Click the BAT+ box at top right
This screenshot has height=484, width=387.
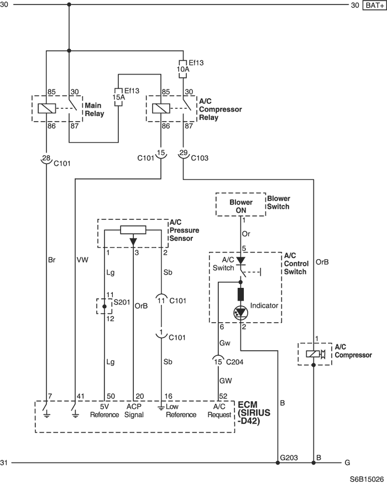(x=374, y=5)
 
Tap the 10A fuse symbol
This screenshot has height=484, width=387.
(x=183, y=69)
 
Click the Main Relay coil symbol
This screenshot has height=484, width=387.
(x=47, y=108)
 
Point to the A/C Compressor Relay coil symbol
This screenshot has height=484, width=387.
(x=161, y=108)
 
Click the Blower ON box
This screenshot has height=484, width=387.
(x=240, y=204)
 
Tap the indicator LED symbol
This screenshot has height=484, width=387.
(x=240, y=312)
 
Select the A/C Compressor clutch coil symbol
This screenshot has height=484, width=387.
(x=313, y=354)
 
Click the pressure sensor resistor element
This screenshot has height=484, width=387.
(x=133, y=230)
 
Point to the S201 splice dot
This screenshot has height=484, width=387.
(x=104, y=307)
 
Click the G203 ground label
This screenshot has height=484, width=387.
(x=289, y=457)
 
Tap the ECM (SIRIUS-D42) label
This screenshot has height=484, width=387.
(x=254, y=413)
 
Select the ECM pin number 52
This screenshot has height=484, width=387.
(x=223, y=396)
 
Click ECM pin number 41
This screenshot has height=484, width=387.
(x=80, y=396)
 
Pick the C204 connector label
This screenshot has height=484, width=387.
(x=235, y=362)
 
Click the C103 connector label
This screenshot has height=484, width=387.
(x=200, y=158)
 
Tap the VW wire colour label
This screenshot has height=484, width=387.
(x=82, y=260)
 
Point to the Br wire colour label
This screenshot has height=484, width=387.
(x=51, y=260)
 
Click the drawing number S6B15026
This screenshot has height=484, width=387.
(x=367, y=479)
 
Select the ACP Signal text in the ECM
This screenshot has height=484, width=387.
(x=134, y=411)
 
